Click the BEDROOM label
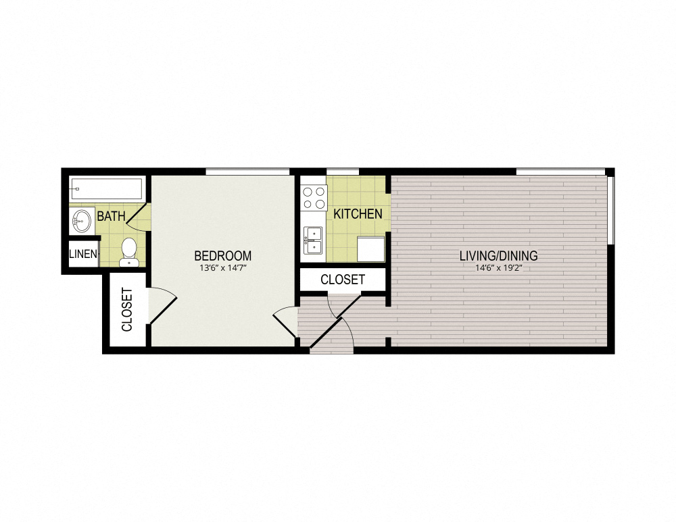(x=222, y=256)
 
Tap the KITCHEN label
(x=358, y=214)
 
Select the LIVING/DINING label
(x=498, y=256)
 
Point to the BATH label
(x=111, y=217)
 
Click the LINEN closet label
(x=83, y=255)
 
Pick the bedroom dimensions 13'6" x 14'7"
(x=222, y=268)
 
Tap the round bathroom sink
(x=82, y=220)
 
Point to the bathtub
(x=106, y=188)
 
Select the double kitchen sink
(x=314, y=241)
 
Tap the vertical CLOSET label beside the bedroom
(x=126, y=310)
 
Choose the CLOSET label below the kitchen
(x=343, y=279)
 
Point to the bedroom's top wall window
(x=247, y=172)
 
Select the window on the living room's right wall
(x=610, y=209)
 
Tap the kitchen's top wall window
(x=343, y=172)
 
